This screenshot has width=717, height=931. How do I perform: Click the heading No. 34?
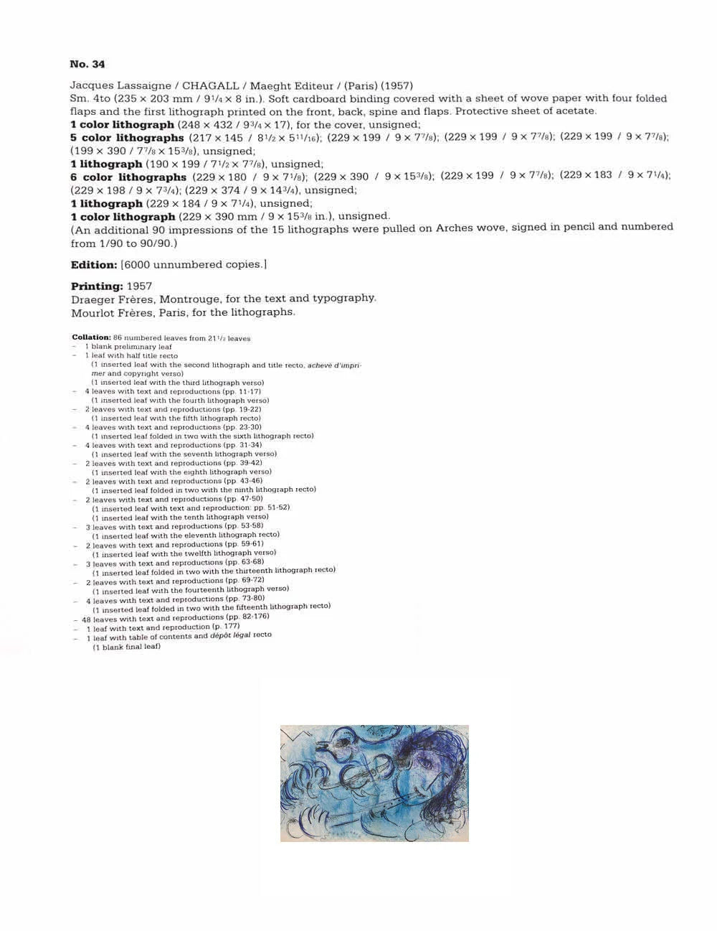click(87, 64)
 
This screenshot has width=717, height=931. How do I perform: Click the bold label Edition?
click(94, 265)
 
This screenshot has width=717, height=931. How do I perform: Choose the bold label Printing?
click(97, 286)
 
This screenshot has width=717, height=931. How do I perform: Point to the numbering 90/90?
click(157, 243)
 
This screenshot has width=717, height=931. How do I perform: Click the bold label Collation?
click(91, 337)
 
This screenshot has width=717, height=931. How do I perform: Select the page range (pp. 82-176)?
click(248, 617)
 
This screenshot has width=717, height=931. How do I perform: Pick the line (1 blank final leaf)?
click(126, 647)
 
